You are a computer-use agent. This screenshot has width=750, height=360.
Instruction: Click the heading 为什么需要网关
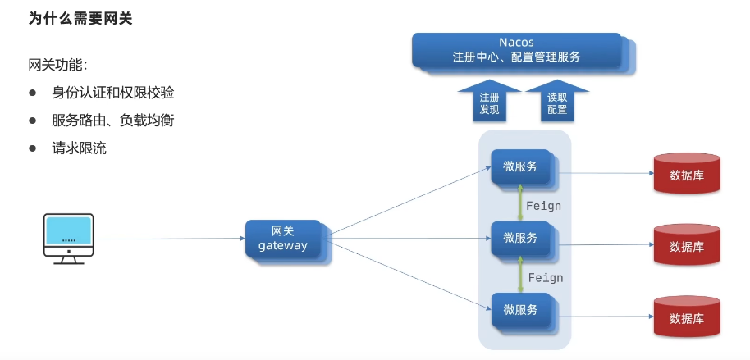point(80,18)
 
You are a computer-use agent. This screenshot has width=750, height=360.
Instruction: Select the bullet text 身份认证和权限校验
point(113,93)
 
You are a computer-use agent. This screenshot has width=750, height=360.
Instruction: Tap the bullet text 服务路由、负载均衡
point(113,121)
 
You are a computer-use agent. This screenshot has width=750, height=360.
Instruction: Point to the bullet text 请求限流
point(79,148)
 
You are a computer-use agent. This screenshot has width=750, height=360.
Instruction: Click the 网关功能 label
point(58,66)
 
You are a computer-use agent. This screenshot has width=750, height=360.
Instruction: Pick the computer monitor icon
point(68,239)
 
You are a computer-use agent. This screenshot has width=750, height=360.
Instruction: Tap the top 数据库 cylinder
point(687,172)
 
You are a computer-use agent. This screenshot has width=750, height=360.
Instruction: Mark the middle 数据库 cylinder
point(687,244)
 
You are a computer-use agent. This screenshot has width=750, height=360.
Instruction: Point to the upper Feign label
point(543,207)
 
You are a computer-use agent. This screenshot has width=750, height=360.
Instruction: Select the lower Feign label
point(546,278)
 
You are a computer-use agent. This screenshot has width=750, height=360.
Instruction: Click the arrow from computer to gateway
point(171,239)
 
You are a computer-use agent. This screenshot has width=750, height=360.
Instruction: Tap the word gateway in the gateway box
point(282,247)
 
